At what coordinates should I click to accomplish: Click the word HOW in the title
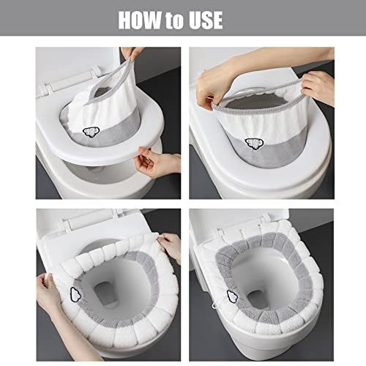click(x=143, y=20)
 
